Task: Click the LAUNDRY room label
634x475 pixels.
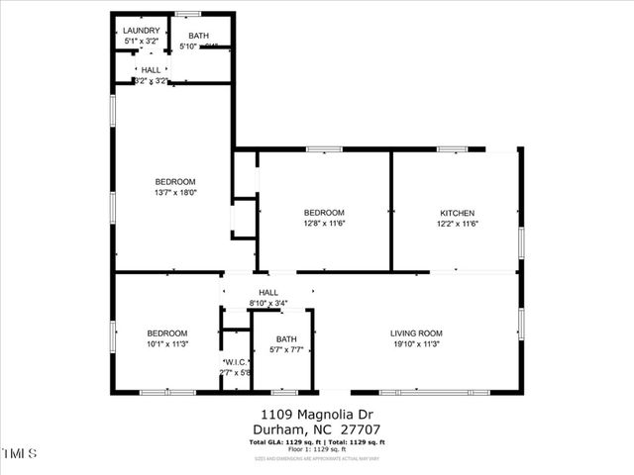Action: [x=142, y=31]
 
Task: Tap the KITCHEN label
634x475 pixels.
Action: [x=458, y=214]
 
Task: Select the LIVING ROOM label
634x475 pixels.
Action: [x=416, y=333]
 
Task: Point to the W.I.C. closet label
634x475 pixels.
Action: [x=236, y=362]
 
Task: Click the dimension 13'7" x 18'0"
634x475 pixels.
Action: [x=175, y=194]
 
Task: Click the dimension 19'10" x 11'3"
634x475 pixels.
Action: [x=416, y=345]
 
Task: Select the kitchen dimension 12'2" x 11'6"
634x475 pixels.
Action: [x=458, y=225]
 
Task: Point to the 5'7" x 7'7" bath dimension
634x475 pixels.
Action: [x=286, y=350]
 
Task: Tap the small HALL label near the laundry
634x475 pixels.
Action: [x=151, y=70]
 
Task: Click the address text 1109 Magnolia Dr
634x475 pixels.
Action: [x=316, y=415]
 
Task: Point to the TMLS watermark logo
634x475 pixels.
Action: [x=20, y=453]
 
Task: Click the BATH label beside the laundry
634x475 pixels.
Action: [x=199, y=37]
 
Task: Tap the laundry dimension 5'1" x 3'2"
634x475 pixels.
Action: [x=142, y=43]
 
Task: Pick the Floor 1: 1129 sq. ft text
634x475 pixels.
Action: [x=316, y=449]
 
